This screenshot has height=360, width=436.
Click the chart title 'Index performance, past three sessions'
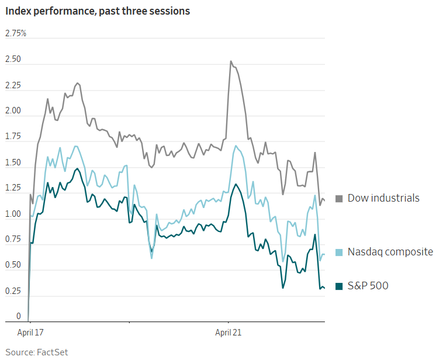pyautogui.click(x=98, y=12)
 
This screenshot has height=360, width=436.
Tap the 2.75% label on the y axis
pyautogui.click(x=16, y=33)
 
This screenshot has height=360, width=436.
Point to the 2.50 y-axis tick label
pyautogui.click(x=13, y=60)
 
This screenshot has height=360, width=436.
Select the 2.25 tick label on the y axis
pyautogui.click(x=13, y=86)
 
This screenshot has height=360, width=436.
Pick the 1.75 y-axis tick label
pyautogui.click(x=13, y=137)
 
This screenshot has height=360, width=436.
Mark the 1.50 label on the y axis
pyautogui.click(x=13, y=163)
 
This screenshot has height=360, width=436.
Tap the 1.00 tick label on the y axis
pyautogui.click(x=13, y=214)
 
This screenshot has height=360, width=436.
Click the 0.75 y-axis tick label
pyautogui.click(x=13, y=240)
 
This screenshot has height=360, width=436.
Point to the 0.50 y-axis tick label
pyautogui.click(x=13, y=265)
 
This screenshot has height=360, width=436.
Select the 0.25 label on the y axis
pyautogui.click(x=13, y=291)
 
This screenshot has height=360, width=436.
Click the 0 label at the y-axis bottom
pyautogui.click(x=18, y=317)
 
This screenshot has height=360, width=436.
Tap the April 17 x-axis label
pyautogui.click(x=30, y=332)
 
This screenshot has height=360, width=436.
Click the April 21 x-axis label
pyautogui.click(x=228, y=332)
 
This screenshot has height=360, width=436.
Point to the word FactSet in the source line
pyautogui.click(x=53, y=352)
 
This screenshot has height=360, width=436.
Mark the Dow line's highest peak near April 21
pyautogui.click(x=231, y=61)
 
